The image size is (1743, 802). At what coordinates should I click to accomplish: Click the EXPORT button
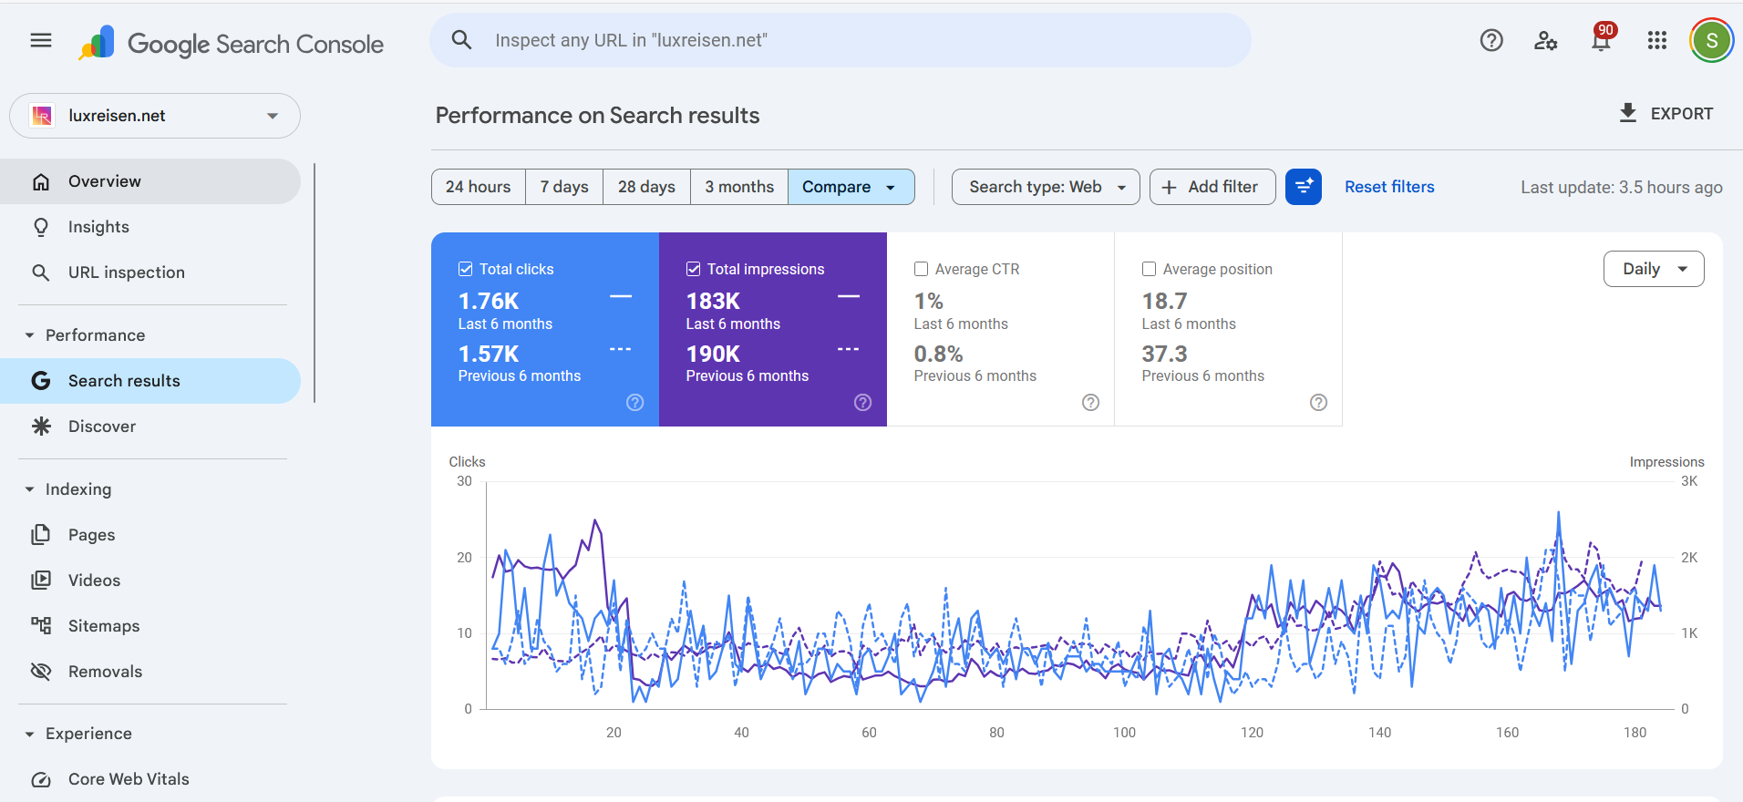(1666, 114)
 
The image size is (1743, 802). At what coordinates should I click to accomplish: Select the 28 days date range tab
(646, 187)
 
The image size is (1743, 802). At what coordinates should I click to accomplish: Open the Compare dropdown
(850, 187)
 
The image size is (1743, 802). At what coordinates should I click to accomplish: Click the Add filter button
(1212, 187)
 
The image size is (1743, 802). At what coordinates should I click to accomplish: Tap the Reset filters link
(1389, 187)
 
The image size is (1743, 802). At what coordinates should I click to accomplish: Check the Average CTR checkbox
(921, 269)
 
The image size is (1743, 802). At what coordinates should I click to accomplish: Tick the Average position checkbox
(1149, 269)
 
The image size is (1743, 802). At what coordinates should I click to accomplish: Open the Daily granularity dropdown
(1653, 269)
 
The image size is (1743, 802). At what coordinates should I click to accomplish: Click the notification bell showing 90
(1601, 40)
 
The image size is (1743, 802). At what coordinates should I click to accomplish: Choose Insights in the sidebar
(98, 227)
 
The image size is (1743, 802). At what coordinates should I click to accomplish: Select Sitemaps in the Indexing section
(104, 626)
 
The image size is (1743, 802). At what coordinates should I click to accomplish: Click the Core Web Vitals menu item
(129, 779)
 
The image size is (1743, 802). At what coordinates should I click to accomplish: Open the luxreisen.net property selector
(155, 116)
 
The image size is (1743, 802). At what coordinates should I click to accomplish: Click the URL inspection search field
(839, 40)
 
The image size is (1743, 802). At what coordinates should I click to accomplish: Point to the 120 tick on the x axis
(1252, 732)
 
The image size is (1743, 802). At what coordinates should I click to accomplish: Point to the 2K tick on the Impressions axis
(1688, 558)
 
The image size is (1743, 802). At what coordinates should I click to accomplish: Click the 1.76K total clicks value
(489, 301)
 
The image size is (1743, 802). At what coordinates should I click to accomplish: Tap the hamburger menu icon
(41, 40)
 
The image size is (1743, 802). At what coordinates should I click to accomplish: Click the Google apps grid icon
(1656, 40)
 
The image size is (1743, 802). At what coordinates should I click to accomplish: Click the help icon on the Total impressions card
(862, 403)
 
